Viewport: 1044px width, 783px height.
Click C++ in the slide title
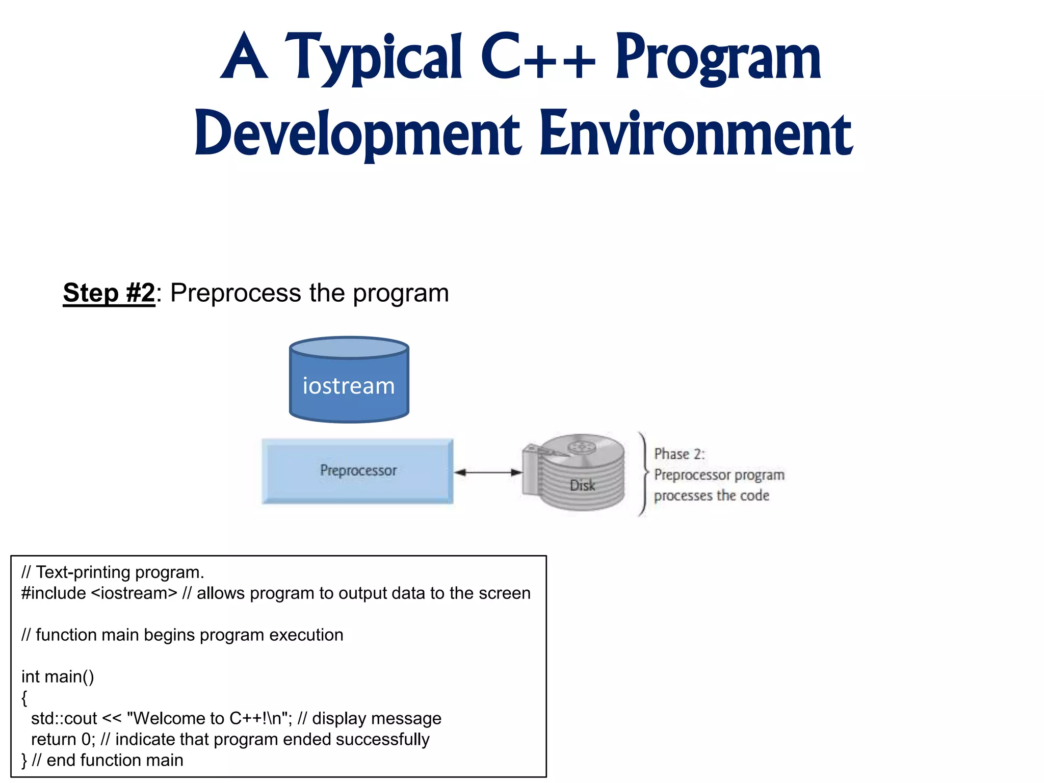click(x=537, y=57)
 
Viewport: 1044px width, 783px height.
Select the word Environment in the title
click(x=696, y=134)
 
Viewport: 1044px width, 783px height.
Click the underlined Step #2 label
click(x=109, y=293)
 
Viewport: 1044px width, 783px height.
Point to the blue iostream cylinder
click(x=349, y=380)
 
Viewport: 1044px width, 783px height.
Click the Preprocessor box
click(x=357, y=471)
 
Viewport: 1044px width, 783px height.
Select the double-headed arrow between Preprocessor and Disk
click(x=488, y=473)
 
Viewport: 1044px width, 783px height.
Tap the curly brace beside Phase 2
click(x=644, y=474)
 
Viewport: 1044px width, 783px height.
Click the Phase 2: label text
click(x=679, y=454)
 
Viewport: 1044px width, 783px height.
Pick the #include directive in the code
click(x=54, y=593)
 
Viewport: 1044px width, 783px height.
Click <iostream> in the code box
click(x=134, y=593)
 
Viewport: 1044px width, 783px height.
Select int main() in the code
click(x=58, y=676)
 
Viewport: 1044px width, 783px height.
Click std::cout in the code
click(x=64, y=718)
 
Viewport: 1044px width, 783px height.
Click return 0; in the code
click(x=63, y=739)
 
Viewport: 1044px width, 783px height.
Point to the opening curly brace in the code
click(x=24, y=697)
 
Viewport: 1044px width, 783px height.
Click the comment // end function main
click(x=107, y=760)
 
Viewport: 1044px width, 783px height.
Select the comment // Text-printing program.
click(x=113, y=572)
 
